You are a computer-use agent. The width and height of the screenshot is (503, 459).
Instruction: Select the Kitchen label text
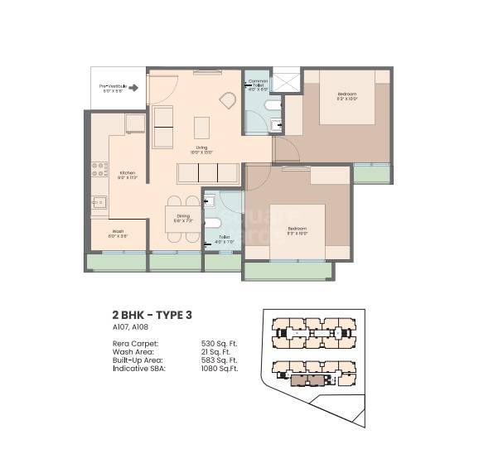pyautogui.click(x=127, y=175)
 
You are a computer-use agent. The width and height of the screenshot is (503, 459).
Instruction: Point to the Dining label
pyautogui.click(x=183, y=218)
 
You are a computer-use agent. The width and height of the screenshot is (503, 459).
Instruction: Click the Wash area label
pyautogui.click(x=118, y=234)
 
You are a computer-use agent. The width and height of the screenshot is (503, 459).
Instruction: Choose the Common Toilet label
pyautogui.click(x=258, y=85)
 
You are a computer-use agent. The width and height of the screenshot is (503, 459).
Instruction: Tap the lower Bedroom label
pyautogui.click(x=297, y=229)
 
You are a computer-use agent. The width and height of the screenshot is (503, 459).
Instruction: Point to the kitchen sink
pyautogui.click(x=99, y=201)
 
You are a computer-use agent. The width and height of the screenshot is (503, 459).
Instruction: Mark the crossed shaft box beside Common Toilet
pyautogui.click(x=286, y=81)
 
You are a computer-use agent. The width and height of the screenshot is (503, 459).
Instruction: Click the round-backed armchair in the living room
pyautogui.click(x=226, y=100)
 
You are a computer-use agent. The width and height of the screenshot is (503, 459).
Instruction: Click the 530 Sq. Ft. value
pyautogui.click(x=219, y=343)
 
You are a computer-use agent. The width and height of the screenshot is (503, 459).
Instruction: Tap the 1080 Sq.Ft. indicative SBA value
pyautogui.click(x=220, y=368)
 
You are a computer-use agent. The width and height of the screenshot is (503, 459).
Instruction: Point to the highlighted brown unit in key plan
pyautogui.click(x=309, y=379)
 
